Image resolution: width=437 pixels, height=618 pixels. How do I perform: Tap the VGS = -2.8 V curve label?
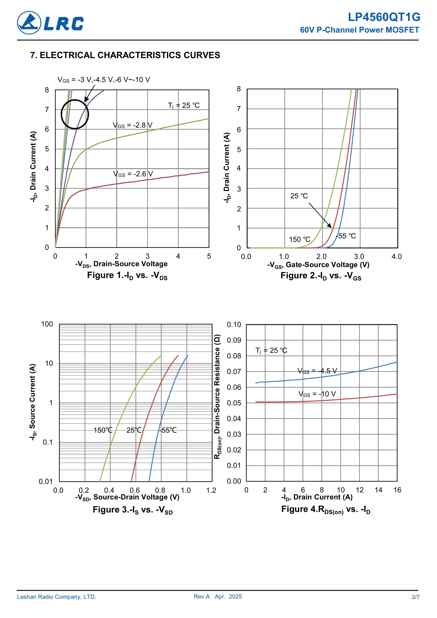tap(133, 125)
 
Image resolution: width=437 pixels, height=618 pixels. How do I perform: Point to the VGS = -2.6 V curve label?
tap(133, 174)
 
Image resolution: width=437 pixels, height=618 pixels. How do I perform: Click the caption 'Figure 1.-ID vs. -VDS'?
tap(127, 276)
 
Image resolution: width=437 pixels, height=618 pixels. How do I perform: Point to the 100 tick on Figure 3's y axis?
tap(47, 324)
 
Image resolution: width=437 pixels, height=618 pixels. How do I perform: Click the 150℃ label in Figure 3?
tap(103, 430)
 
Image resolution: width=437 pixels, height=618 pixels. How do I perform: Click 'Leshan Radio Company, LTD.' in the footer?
tap(57, 597)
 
